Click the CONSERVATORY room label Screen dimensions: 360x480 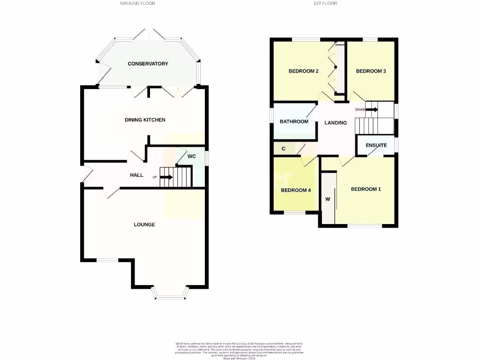pyautogui.click(x=148, y=64)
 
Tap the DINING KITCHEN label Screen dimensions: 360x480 pyautogui.click(x=145, y=120)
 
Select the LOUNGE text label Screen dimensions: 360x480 pyautogui.click(x=144, y=225)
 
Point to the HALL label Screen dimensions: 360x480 pyautogui.click(x=136, y=175)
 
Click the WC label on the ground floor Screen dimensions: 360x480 pyautogui.click(x=191, y=156)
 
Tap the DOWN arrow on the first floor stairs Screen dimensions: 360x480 pyautogui.click(x=373, y=110)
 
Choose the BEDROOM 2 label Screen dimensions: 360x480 pyautogui.click(x=303, y=71)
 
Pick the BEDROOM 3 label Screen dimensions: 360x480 pyautogui.click(x=371, y=71)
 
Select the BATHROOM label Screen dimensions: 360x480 pyautogui.click(x=294, y=122)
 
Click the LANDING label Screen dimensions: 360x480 pyautogui.click(x=336, y=123)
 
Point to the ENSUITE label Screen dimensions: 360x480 pyautogui.click(x=376, y=145)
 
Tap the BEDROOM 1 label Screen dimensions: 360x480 pyautogui.click(x=366, y=189)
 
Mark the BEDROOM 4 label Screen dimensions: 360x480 pyautogui.click(x=296, y=190)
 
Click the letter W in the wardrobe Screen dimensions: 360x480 pyautogui.click(x=328, y=199)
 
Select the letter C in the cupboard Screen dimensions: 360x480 pyautogui.click(x=283, y=149)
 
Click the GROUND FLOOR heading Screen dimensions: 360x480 pyautogui.click(x=137, y=3)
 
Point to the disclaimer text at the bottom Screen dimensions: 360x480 pyautogui.click(x=240, y=350)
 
